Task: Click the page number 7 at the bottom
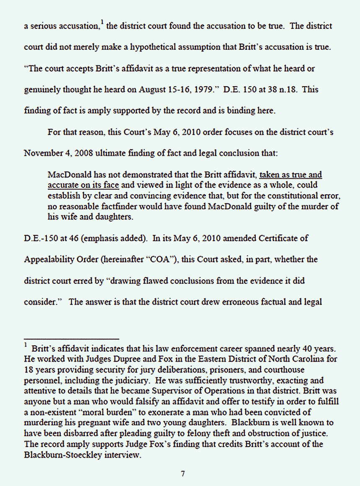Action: [183, 474]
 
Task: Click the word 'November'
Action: [41, 153]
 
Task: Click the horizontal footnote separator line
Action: [72, 339]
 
